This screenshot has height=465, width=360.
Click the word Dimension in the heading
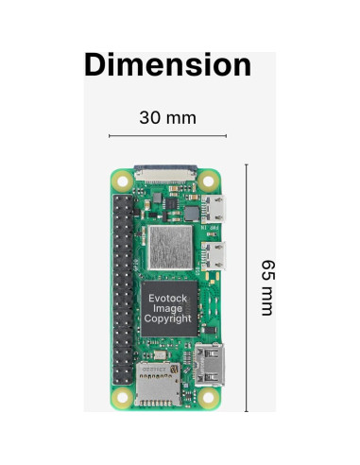click(x=168, y=65)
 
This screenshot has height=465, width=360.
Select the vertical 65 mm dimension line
click(x=247, y=287)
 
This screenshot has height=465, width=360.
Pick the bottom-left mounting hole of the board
click(x=121, y=398)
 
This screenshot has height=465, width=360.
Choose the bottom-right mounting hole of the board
click(x=214, y=398)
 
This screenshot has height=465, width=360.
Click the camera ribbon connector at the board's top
click(x=167, y=173)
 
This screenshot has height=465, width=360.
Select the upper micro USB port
click(x=216, y=209)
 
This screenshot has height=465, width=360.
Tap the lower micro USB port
click(x=216, y=253)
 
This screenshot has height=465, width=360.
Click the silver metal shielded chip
click(x=170, y=247)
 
